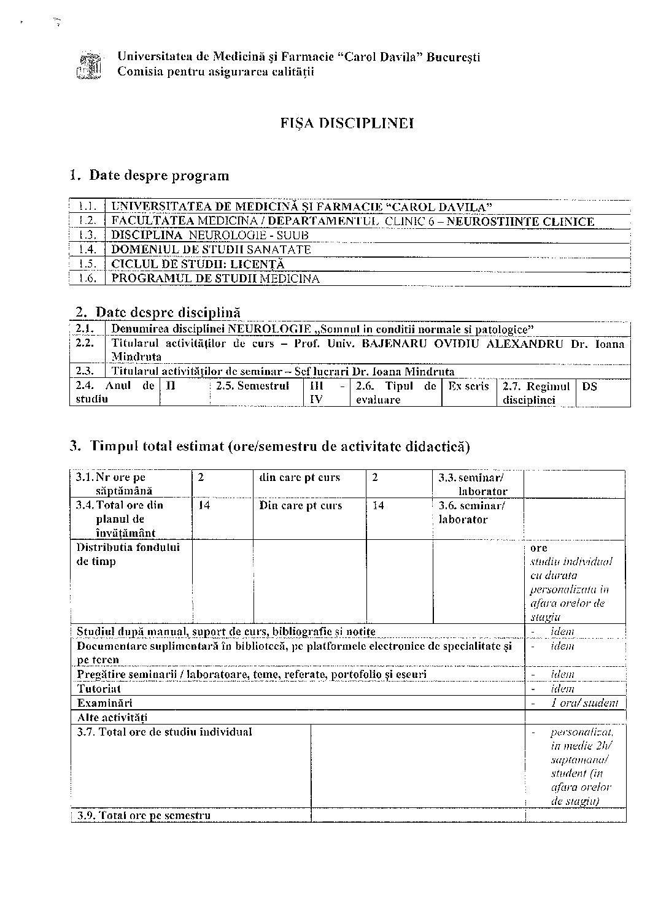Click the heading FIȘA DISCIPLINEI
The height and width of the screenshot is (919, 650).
click(x=347, y=123)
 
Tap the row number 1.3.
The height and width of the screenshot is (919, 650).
click(x=88, y=235)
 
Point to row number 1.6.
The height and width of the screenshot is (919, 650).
click(x=88, y=279)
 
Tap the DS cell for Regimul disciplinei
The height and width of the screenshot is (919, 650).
click(x=589, y=386)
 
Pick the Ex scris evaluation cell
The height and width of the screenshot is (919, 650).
click(x=468, y=386)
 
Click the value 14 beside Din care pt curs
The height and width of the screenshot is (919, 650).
click(x=379, y=506)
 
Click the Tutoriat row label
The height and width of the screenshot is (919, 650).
click(x=99, y=688)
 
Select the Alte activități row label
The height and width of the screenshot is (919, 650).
click(x=112, y=717)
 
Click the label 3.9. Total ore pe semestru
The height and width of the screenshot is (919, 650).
click(x=144, y=815)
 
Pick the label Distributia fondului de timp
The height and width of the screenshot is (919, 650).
click(x=128, y=554)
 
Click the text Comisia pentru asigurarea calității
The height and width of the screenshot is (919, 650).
click(x=215, y=72)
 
